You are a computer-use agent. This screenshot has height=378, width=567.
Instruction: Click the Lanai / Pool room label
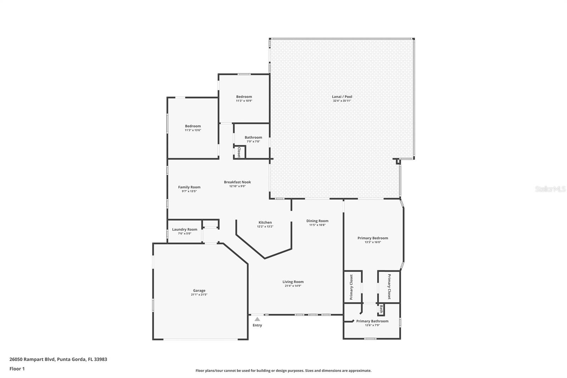tap(342, 96)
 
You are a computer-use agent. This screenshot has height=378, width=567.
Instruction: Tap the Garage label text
tap(199, 291)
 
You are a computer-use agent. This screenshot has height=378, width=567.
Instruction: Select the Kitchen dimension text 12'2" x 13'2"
tap(265, 227)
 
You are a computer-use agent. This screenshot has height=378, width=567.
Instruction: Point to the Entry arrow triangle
tap(257, 319)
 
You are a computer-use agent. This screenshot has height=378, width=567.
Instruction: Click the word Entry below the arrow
tap(257, 325)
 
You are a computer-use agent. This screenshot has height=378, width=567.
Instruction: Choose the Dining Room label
tap(317, 221)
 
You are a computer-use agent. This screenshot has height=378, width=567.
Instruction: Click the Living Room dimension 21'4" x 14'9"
tap(293, 286)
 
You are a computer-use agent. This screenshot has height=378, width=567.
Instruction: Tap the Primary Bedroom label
tap(372, 238)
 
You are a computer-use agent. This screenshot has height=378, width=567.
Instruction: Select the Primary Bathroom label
tap(372, 321)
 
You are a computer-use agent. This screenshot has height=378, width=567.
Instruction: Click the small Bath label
tap(381, 309)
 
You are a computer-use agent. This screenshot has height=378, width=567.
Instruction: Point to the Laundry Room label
tap(185, 229)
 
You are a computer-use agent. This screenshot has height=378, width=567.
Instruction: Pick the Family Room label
tap(189, 187)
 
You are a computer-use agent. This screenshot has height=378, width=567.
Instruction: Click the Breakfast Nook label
tap(237, 182)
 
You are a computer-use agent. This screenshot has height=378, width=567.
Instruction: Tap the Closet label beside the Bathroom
tap(239, 152)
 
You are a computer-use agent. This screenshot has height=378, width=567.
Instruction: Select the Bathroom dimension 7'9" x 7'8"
tap(253, 141)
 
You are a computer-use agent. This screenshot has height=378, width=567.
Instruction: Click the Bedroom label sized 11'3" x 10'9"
tap(244, 97)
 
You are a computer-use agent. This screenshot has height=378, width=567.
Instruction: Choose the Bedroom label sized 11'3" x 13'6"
tap(193, 126)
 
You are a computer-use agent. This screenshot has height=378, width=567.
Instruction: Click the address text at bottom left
tap(58, 359)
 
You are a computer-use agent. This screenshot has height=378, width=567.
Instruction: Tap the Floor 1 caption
tap(17, 369)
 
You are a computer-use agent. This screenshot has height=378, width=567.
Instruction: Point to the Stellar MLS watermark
tap(550, 189)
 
